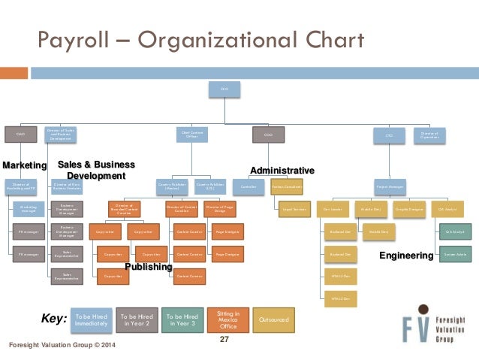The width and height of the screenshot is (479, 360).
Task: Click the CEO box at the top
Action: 224,89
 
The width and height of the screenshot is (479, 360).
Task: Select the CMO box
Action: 20,135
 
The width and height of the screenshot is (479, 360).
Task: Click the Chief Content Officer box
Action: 191,135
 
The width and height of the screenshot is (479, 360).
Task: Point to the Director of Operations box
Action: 430,135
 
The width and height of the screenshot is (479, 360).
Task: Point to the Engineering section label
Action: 406,256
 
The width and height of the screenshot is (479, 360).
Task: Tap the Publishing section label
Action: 149,267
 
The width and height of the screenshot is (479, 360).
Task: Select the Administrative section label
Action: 282,170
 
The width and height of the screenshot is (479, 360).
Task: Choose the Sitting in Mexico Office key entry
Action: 228,319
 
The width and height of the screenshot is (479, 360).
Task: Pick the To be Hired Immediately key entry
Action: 91,319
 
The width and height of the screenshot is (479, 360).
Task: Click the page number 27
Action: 223,340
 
